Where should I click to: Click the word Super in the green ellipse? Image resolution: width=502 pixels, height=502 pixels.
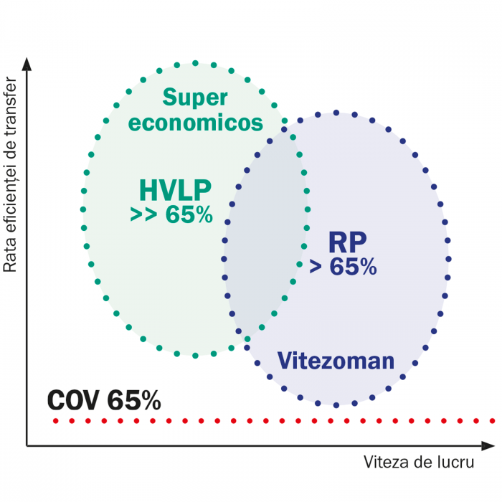[195, 98]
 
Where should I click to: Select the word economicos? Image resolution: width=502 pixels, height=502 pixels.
[195, 123]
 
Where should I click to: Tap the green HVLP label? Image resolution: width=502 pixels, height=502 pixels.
[175, 190]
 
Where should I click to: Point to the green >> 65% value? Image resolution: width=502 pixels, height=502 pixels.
[171, 214]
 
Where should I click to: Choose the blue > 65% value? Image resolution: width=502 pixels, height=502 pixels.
[343, 266]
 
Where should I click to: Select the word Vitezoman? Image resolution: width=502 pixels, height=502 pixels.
[336, 360]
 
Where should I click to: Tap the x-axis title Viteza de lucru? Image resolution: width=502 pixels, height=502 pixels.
[419, 463]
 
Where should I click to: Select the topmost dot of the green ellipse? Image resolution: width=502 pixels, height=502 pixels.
[195, 63]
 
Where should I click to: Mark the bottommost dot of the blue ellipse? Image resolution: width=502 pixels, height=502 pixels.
[336, 404]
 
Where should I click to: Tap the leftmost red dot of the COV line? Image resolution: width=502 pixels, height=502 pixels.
[55, 420]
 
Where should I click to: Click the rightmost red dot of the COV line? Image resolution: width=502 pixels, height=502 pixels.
[492, 420]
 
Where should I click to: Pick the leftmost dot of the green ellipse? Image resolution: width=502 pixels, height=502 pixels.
[83, 209]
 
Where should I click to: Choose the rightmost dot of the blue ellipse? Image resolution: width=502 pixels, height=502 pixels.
[449, 258]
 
